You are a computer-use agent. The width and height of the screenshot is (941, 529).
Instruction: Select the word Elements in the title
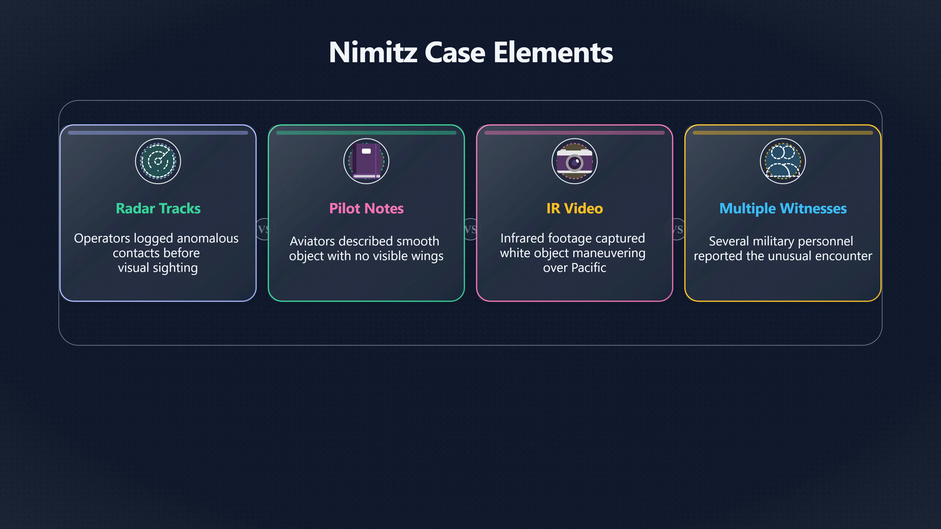553,52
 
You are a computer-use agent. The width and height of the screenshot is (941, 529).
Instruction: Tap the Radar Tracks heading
158,208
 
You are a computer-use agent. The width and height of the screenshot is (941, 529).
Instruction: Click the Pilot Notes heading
366,208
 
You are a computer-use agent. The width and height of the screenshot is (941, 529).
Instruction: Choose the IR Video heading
575,208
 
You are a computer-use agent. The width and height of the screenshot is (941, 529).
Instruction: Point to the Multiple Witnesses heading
783,208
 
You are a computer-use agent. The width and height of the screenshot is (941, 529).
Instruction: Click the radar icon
158,161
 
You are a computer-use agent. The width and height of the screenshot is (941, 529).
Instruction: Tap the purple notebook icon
366,161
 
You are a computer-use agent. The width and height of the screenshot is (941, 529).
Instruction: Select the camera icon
575,161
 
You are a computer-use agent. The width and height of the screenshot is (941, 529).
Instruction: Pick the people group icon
783,161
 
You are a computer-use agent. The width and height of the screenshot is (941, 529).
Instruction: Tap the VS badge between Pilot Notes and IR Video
470,229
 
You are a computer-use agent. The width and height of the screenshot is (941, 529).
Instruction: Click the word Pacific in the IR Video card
589,268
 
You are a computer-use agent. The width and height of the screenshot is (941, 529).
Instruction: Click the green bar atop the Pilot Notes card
366,133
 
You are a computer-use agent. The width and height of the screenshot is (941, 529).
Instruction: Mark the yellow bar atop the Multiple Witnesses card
783,133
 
